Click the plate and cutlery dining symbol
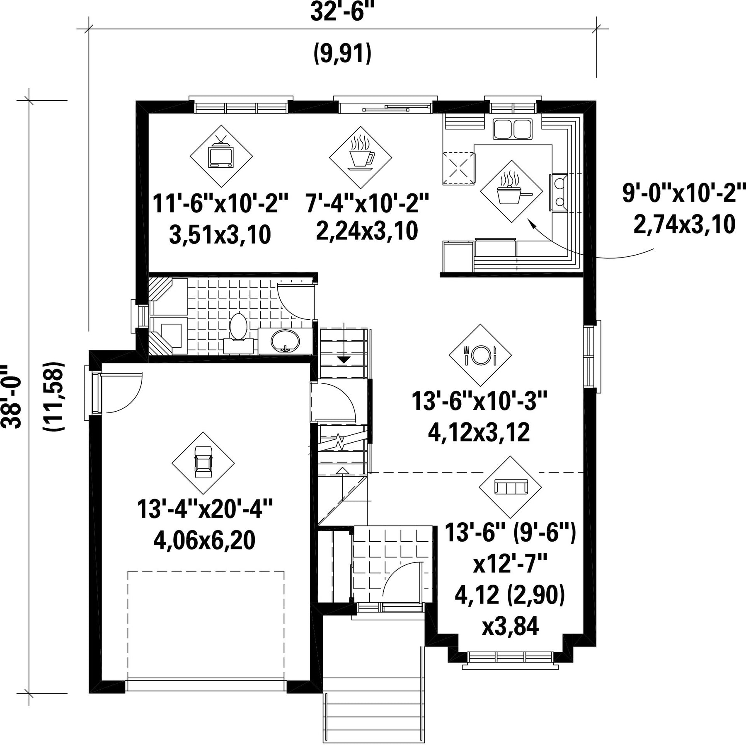pos(480,355)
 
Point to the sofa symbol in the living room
pos(511,486)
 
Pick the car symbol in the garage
pos(203,463)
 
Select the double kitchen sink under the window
pos(512,129)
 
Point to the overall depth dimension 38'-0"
pos(12,396)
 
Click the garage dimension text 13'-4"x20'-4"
pos(205,509)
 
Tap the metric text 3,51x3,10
pos(220,234)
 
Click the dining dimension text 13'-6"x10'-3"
pos(480,401)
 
